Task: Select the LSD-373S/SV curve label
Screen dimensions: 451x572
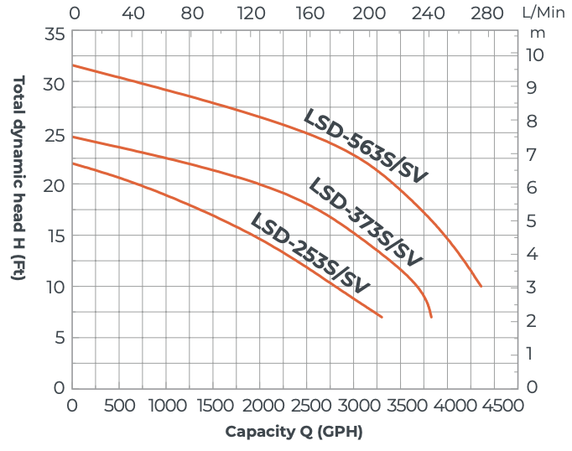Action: pyautogui.click(x=366, y=220)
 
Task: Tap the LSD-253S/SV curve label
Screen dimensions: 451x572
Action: pyautogui.click(x=310, y=253)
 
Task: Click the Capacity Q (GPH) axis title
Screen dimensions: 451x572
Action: pyautogui.click(x=294, y=432)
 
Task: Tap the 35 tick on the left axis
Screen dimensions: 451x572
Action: pyautogui.click(x=55, y=34)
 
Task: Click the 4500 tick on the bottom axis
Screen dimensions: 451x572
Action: pyautogui.click(x=505, y=406)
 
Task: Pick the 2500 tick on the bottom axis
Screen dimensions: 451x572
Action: pyautogui.click(x=314, y=406)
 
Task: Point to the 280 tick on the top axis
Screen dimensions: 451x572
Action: pyautogui.click(x=488, y=13)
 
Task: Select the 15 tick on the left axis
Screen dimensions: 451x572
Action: pyautogui.click(x=55, y=236)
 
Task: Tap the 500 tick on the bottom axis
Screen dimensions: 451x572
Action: pyautogui.click(x=120, y=406)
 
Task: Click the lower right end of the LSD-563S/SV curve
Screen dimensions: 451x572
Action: pyautogui.click(x=481, y=287)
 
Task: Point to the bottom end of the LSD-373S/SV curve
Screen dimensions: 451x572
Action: pyautogui.click(x=431, y=317)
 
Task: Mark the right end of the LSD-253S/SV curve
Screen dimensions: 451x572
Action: pyautogui.click(x=382, y=317)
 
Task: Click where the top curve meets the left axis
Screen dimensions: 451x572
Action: pyautogui.click(x=73, y=65)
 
